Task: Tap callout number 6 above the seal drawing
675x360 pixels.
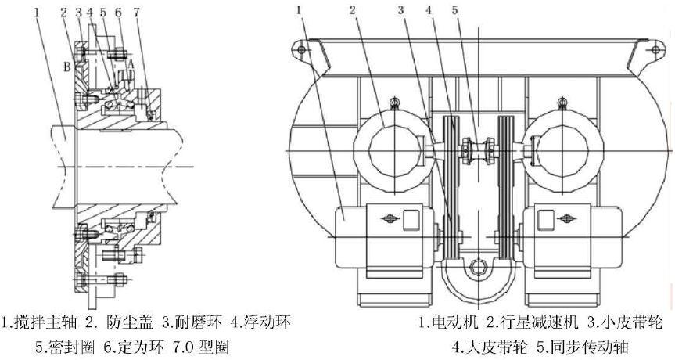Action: [117, 13]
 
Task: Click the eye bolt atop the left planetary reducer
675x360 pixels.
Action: [394, 103]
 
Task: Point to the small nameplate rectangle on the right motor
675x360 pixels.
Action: [565, 219]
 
